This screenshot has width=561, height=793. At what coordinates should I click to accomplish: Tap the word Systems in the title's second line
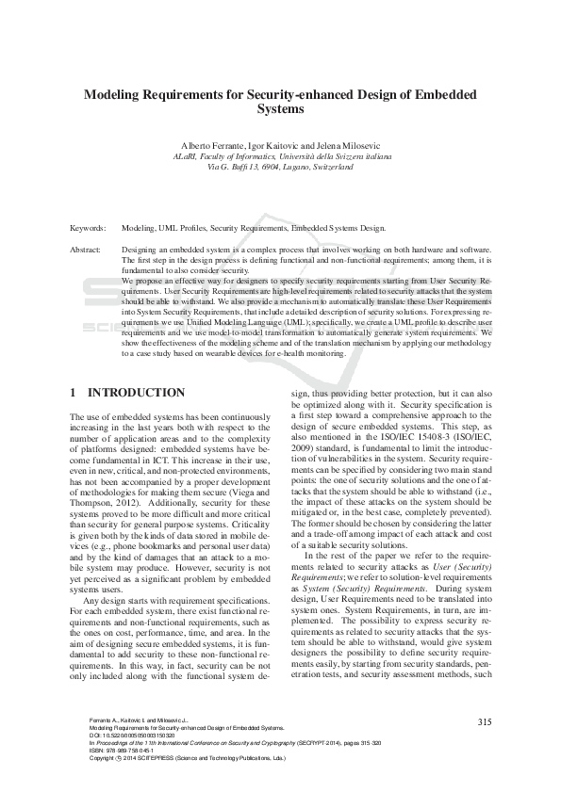(280, 109)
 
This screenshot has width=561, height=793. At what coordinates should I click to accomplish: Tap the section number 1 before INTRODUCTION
(74, 392)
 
